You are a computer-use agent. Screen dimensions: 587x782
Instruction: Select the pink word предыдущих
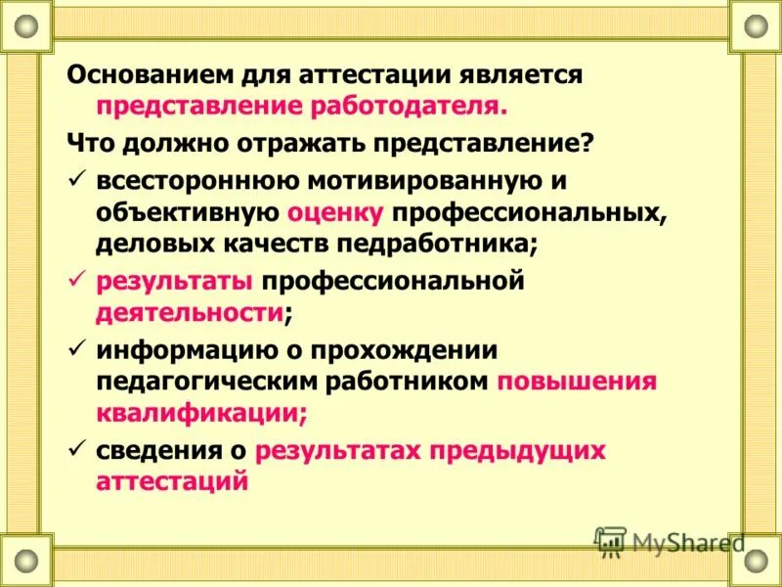(532, 451)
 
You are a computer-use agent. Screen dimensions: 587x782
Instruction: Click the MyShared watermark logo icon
(610, 541)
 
